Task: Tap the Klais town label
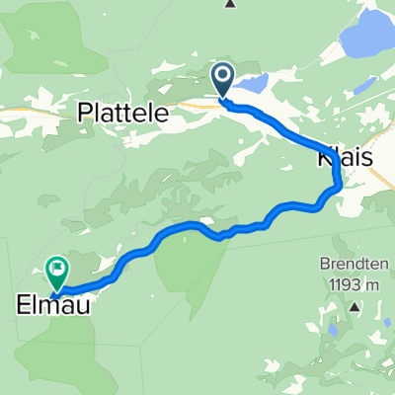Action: coord(347,158)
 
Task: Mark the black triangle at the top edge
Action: coord(230,4)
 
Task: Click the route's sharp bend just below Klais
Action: coord(339,184)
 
